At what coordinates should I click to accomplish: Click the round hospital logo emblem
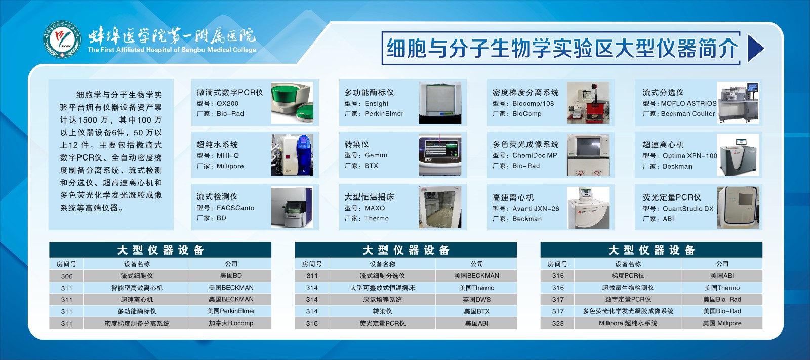click(x=62, y=39)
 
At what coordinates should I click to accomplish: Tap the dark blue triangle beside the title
click(x=755, y=48)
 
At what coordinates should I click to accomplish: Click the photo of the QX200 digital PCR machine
click(x=292, y=103)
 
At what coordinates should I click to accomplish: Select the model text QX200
click(x=227, y=103)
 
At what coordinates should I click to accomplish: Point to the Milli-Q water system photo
click(x=292, y=155)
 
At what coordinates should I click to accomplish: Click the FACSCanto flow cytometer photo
click(x=292, y=207)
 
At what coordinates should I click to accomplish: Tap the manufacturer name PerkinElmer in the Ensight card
click(x=384, y=113)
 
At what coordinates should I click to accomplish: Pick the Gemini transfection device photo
click(x=440, y=155)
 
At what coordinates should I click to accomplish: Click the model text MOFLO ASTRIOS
click(x=688, y=103)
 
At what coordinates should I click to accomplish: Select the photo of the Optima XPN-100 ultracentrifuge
click(x=738, y=155)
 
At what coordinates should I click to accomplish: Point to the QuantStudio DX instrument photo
click(x=738, y=207)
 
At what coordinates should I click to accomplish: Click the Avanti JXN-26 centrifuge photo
click(x=588, y=208)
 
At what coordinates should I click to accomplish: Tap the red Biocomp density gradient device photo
click(x=588, y=102)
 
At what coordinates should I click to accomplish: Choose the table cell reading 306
click(x=66, y=276)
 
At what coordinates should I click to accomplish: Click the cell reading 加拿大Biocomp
click(x=231, y=323)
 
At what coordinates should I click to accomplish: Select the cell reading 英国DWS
click(x=476, y=300)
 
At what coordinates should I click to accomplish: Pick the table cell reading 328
click(x=558, y=323)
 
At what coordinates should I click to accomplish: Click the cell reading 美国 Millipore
click(x=722, y=323)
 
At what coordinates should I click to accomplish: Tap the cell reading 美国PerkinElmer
click(x=231, y=311)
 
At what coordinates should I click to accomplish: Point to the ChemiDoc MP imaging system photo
click(x=588, y=155)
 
